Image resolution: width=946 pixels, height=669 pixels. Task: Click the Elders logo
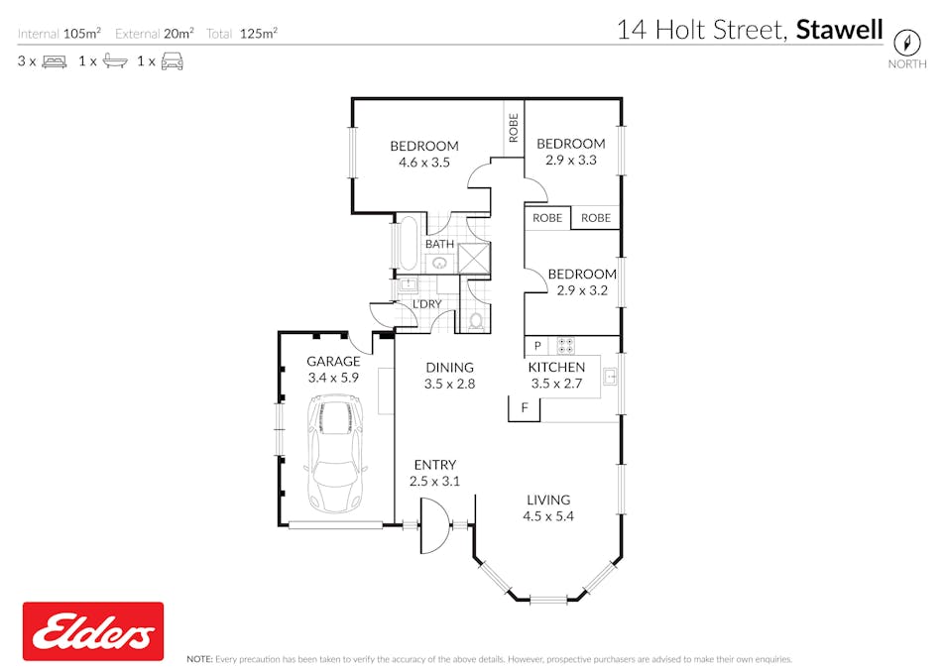[x=93, y=631]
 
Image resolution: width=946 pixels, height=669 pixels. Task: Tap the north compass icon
[x=906, y=43]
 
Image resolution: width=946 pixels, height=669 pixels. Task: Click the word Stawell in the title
[x=839, y=30]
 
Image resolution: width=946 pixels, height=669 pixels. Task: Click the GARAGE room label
[x=333, y=362]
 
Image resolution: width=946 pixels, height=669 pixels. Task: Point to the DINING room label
[x=449, y=368]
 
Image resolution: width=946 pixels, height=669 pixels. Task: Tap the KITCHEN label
[x=556, y=368]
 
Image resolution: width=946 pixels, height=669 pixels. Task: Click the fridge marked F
[x=525, y=408]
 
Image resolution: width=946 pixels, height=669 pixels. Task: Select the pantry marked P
[x=537, y=346]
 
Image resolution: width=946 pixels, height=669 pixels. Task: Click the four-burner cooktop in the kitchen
[x=565, y=346]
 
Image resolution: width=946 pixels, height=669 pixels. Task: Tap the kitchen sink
[x=610, y=377]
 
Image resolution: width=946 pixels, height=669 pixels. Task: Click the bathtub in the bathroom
[x=409, y=243]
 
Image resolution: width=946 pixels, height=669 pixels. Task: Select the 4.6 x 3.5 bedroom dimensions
[x=424, y=163]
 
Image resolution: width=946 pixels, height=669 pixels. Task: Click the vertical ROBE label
[x=514, y=128]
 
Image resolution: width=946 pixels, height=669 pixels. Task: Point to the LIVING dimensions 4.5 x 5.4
[x=547, y=516]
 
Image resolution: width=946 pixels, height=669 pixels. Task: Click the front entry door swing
[x=435, y=525]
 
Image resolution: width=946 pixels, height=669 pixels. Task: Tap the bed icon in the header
[x=55, y=61]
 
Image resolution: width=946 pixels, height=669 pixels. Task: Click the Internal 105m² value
[x=82, y=33]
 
